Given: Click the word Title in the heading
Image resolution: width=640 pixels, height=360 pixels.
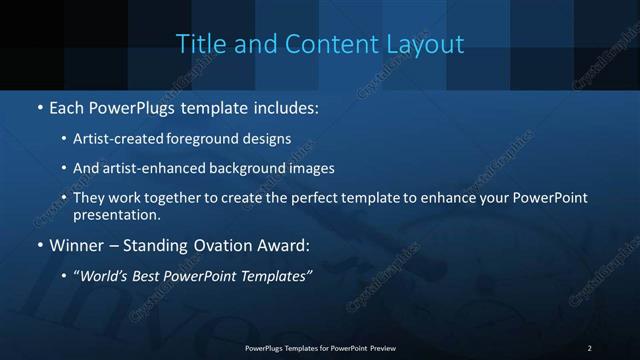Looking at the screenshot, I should pyautogui.click(x=197, y=44).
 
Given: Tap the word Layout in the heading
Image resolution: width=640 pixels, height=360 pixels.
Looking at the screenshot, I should pyautogui.click(x=427, y=44).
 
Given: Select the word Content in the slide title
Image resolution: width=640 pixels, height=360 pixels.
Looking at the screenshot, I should pyautogui.click(x=325, y=44).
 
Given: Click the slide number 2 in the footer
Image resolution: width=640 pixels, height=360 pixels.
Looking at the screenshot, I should pyautogui.click(x=589, y=347).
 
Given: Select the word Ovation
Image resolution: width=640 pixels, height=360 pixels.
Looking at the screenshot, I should pyautogui.click(x=225, y=244).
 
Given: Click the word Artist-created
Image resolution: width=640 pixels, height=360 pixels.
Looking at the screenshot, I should pyautogui.click(x=111, y=139).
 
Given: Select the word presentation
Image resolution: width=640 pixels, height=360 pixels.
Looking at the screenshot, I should pyautogui.click(x=114, y=214).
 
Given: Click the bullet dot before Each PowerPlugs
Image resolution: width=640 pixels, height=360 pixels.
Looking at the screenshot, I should pyautogui.click(x=39, y=105).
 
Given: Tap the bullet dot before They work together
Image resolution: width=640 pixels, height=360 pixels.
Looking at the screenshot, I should pyautogui.click(x=63, y=197).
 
